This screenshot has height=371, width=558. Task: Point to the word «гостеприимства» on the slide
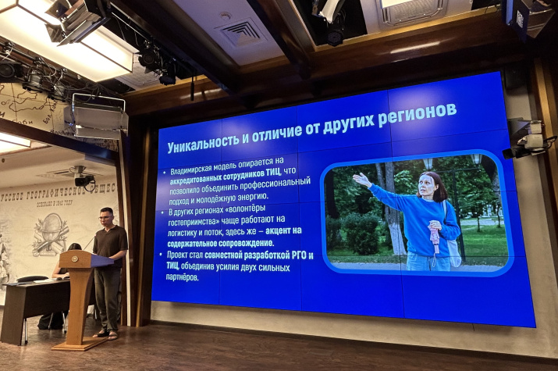coord(195,221)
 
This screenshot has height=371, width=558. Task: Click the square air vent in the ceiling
coord(241,32)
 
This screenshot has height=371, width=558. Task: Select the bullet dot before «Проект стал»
coord(161,255)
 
